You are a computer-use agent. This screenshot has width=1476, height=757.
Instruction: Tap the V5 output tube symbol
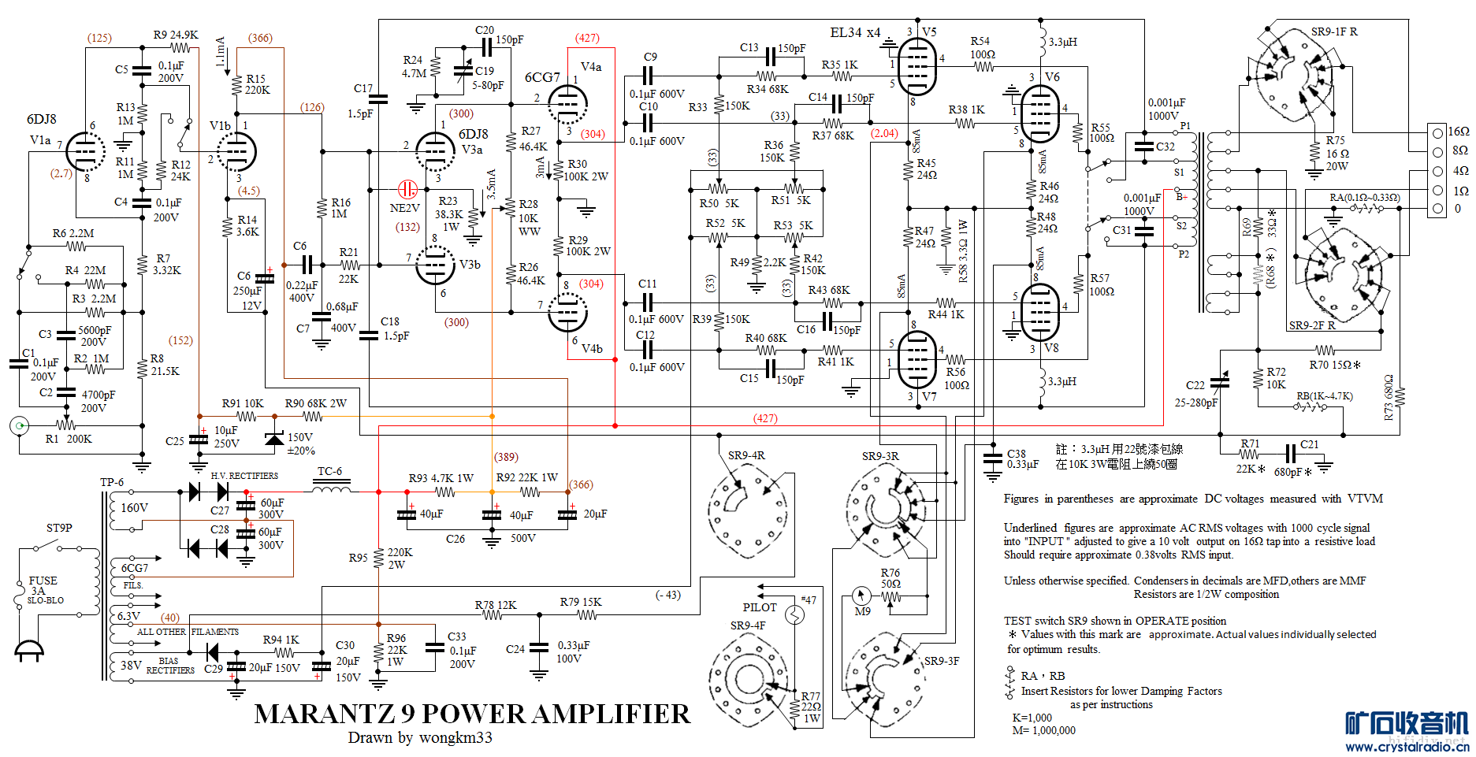pos(916,66)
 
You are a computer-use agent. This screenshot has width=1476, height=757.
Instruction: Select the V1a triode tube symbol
pos(85,151)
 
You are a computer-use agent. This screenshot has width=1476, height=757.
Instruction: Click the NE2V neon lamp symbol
pos(407,190)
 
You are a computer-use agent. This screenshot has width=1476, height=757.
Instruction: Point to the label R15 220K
pos(257,84)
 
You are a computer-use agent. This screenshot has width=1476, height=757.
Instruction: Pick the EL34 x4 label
pos(855,33)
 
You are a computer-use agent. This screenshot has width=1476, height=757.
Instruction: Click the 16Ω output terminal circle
pos(1437,132)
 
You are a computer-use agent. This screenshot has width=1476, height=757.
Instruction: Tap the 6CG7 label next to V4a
pos(542,77)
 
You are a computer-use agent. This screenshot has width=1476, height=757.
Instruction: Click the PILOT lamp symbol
pos(794,614)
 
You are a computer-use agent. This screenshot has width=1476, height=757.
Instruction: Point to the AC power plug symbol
pos(29,651)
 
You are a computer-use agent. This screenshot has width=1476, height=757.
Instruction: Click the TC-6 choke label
pos(329,472)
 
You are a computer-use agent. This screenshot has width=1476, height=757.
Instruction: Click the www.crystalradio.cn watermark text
pos(1407,747)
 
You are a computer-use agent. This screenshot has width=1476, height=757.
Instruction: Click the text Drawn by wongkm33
pos(420,738)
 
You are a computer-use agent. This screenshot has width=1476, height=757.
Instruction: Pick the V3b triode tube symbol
pos(435,265)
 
